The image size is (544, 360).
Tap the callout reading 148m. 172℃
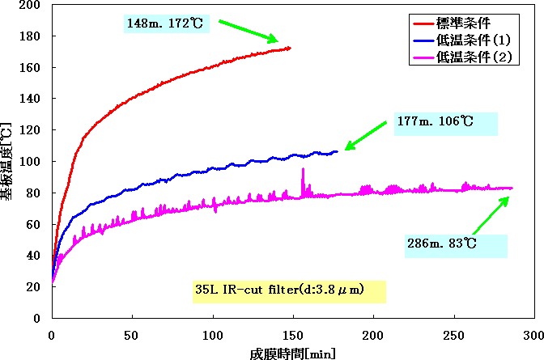pos(167,22)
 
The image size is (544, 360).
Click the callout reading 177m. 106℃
pos(445,123)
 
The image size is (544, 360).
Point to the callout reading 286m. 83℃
pos(456,246)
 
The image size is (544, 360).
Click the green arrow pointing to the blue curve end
pos(367,134)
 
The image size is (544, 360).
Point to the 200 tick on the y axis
pos(35,5)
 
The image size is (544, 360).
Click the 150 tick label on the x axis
pos(292,333)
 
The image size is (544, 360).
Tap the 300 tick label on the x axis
pos(532,333)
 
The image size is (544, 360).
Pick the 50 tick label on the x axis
pos(132,333)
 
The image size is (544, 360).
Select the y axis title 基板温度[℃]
pos(7,161)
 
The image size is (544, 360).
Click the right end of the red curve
pos(288,49)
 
